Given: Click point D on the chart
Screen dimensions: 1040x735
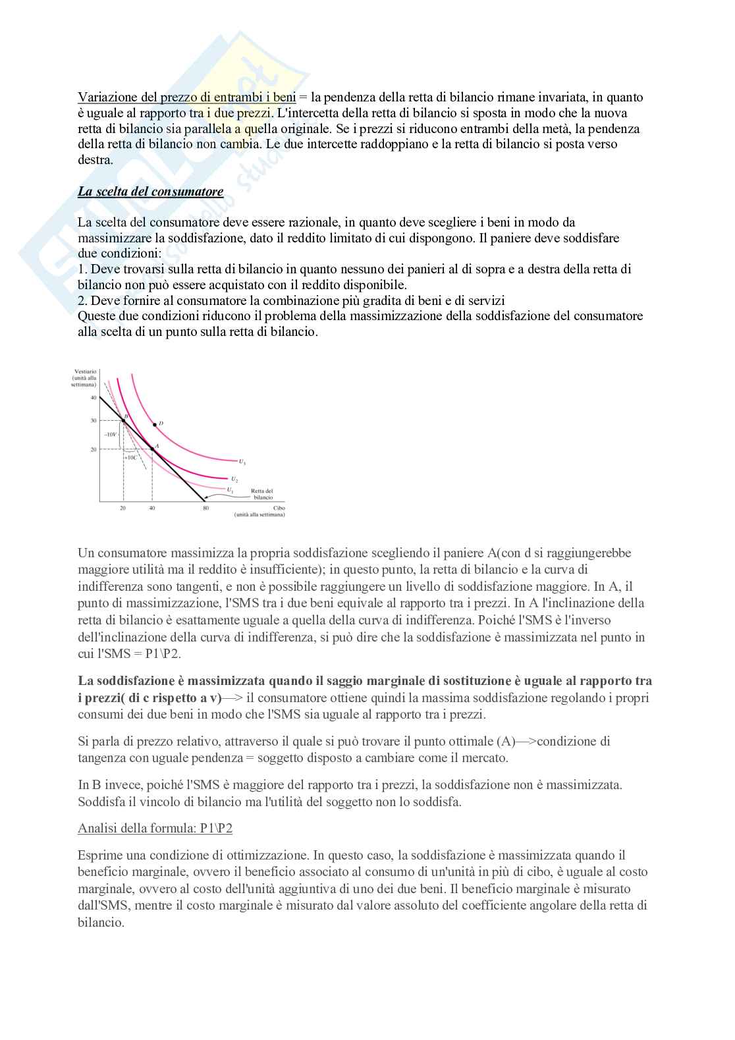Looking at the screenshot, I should (155, 424).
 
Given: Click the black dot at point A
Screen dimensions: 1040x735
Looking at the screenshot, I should (152, 449).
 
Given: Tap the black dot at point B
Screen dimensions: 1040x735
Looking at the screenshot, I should (123, 420).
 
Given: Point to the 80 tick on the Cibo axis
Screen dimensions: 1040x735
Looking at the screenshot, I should (205, 508).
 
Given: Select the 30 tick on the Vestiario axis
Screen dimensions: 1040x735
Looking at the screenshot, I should (94, 420).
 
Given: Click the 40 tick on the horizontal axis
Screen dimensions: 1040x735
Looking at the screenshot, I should (152, 508).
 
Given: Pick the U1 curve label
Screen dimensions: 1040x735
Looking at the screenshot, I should (230, 489).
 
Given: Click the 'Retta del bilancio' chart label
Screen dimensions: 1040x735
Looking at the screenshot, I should (262, 494).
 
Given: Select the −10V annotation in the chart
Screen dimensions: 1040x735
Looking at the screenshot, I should (110, 435).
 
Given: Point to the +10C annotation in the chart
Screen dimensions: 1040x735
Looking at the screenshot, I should (130, 456).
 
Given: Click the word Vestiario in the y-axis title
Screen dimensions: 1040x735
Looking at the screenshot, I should (85, 372).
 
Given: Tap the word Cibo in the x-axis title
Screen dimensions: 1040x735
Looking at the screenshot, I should (279, 508).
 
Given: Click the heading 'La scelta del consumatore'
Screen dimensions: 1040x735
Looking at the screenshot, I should (150, 192).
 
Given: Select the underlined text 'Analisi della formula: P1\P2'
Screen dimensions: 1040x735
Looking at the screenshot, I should (155, 828).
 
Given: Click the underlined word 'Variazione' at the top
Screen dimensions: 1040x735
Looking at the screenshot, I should (105, 97).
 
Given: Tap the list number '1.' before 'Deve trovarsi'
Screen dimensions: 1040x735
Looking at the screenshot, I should (82, 269).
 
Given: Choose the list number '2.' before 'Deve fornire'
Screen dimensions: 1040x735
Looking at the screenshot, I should (82, 300).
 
